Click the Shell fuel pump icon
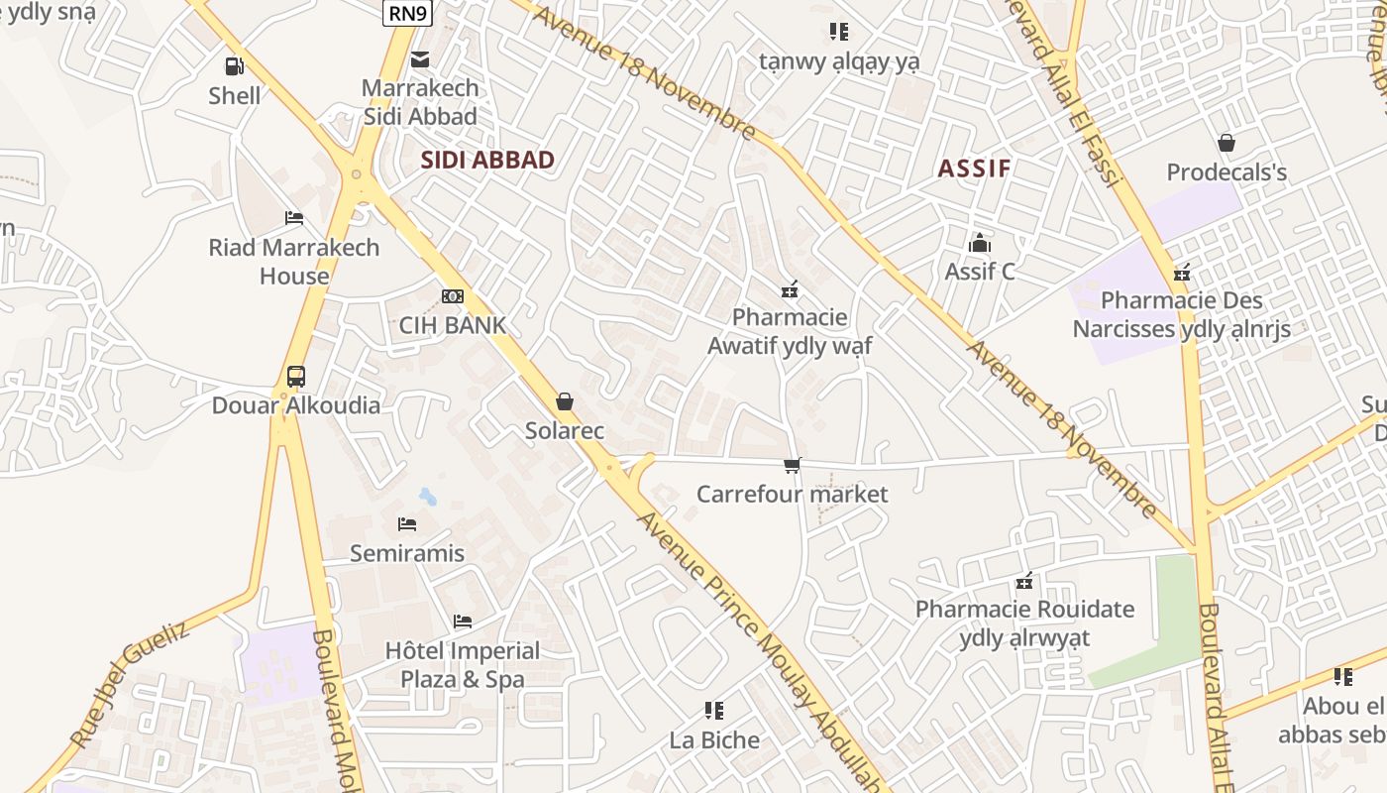coord(235,66)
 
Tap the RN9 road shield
coord(408,12)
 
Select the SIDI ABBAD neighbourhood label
coord(487,160)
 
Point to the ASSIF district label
coord(974,168)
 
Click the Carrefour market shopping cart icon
coord(792,465)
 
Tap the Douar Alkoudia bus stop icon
coord(296,377)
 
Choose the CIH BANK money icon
coord(453,296)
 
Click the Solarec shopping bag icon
coord(565,401)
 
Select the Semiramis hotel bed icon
coord(407,524)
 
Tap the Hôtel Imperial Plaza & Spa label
coord(463,665)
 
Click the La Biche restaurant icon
coord(714,710)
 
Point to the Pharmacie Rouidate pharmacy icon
coord(1025,580)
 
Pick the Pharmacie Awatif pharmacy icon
coord(790,289)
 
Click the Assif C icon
coord(980,243)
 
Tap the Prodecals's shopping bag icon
coord(1227,143)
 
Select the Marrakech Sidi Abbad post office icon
coord(420,59)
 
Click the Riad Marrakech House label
coord(294,262)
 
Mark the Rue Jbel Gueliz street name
coord(129,685)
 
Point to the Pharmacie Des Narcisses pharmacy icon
coord(1181,273)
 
